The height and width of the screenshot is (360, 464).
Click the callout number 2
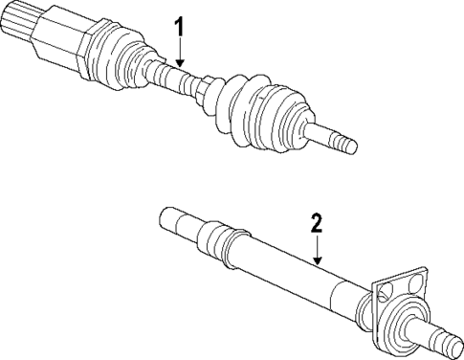319,224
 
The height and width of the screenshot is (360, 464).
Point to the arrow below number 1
179,53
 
